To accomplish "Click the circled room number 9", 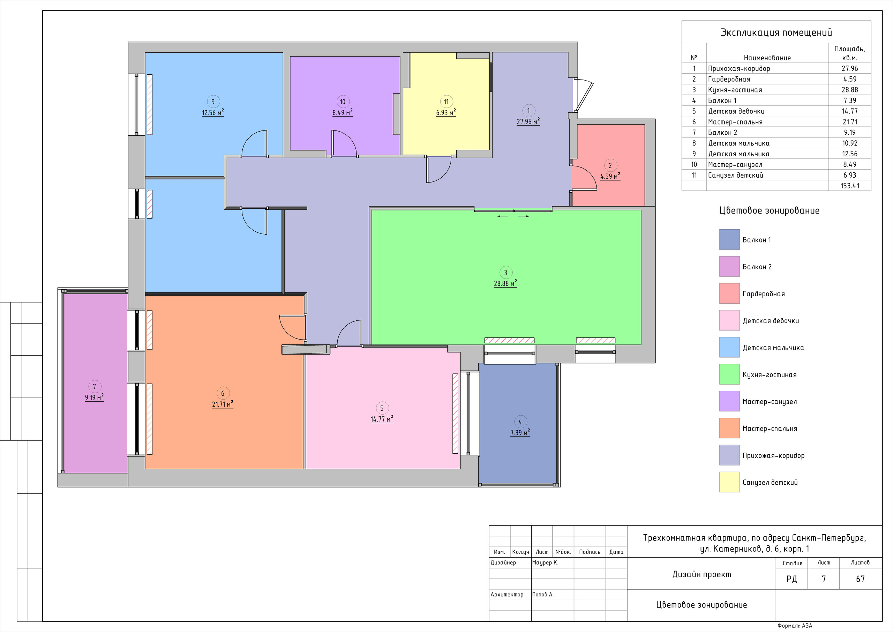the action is pos(213,102).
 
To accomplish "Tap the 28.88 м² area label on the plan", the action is pos(505,283).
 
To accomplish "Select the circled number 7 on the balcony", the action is pos(95,387).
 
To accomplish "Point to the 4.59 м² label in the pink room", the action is pos(610,176).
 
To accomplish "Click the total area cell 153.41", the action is pos(850,186).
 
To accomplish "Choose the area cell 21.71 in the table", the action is pos(850,122).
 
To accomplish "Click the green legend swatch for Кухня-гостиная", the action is pos(729,374).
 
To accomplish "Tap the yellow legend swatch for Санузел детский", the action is pos(729,482).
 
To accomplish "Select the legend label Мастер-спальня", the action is pos(770,429).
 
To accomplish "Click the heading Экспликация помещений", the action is pos(776,32).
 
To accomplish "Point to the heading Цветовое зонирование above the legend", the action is pos(769,210).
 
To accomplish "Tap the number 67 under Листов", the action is pos(860,579).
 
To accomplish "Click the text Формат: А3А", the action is pos(795,626).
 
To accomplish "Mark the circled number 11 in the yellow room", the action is pos(446,102).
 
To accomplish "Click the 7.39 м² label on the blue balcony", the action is pos(520,433).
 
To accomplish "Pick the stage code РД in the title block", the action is pos(791,579).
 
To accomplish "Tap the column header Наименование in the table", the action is pos(767,58).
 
